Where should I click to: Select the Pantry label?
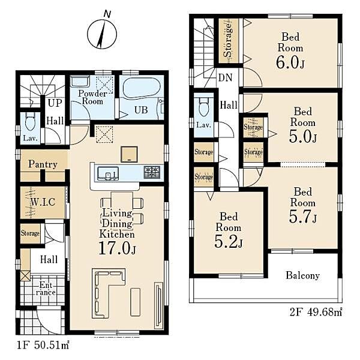(43, 164)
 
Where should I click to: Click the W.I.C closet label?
(43, 202)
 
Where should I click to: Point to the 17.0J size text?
(118, 248)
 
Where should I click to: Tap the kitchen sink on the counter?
(108, 173)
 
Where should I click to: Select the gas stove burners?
(152, 172)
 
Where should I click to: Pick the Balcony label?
(302, 275)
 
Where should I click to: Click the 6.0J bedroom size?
(290, 62)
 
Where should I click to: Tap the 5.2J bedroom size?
(229, 242)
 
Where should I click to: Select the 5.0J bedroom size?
(303, 136)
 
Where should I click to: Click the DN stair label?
(225, 78)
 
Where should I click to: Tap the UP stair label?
(55, 103)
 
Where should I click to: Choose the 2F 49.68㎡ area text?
(316, 313)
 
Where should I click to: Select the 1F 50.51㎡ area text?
(43, 345)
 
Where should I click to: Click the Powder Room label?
(92, 97)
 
